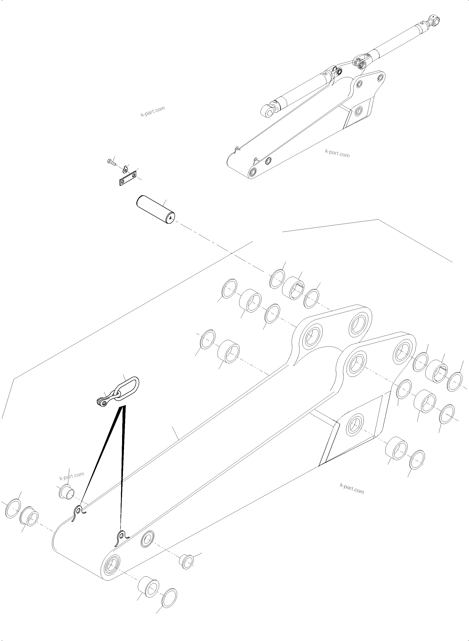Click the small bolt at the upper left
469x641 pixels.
click(x=111, y=163)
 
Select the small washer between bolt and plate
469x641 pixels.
click(x=126, y=170)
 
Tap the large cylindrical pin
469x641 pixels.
click(x=155, y=209)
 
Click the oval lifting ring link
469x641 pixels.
click(x=127, y=388)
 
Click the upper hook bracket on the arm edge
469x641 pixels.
click(x=78, y=512)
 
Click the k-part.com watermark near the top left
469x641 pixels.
click(x=153, y=112)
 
